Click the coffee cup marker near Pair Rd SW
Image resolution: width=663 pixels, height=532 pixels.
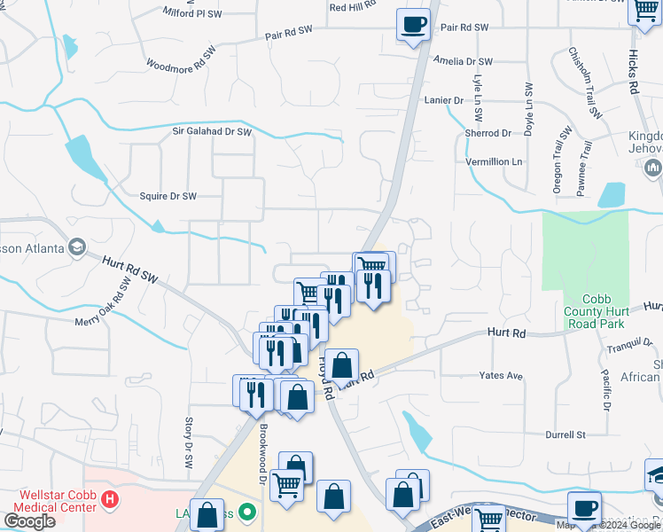pyautogui.click(x=413, y=24)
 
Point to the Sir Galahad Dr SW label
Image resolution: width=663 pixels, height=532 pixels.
pyautogui.click(x=212, y=132)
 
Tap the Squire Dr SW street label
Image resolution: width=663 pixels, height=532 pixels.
pyautogui.click(x=168, y=195)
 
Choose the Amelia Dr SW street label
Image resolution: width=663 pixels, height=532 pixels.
pyautogui.click(x=463, y=61)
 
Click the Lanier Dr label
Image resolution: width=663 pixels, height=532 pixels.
pyautogui.click(x=443, y=100)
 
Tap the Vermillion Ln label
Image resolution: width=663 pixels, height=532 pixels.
pyautogui.click(x=495, y=162)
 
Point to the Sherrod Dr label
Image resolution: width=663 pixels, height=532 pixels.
pyautogui.click(x=488, y=133)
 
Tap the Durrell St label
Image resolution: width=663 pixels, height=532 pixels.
pyautogui.click(x=566, y=434)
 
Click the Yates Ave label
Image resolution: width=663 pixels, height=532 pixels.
pyautogui.click(x=501, y=375)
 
